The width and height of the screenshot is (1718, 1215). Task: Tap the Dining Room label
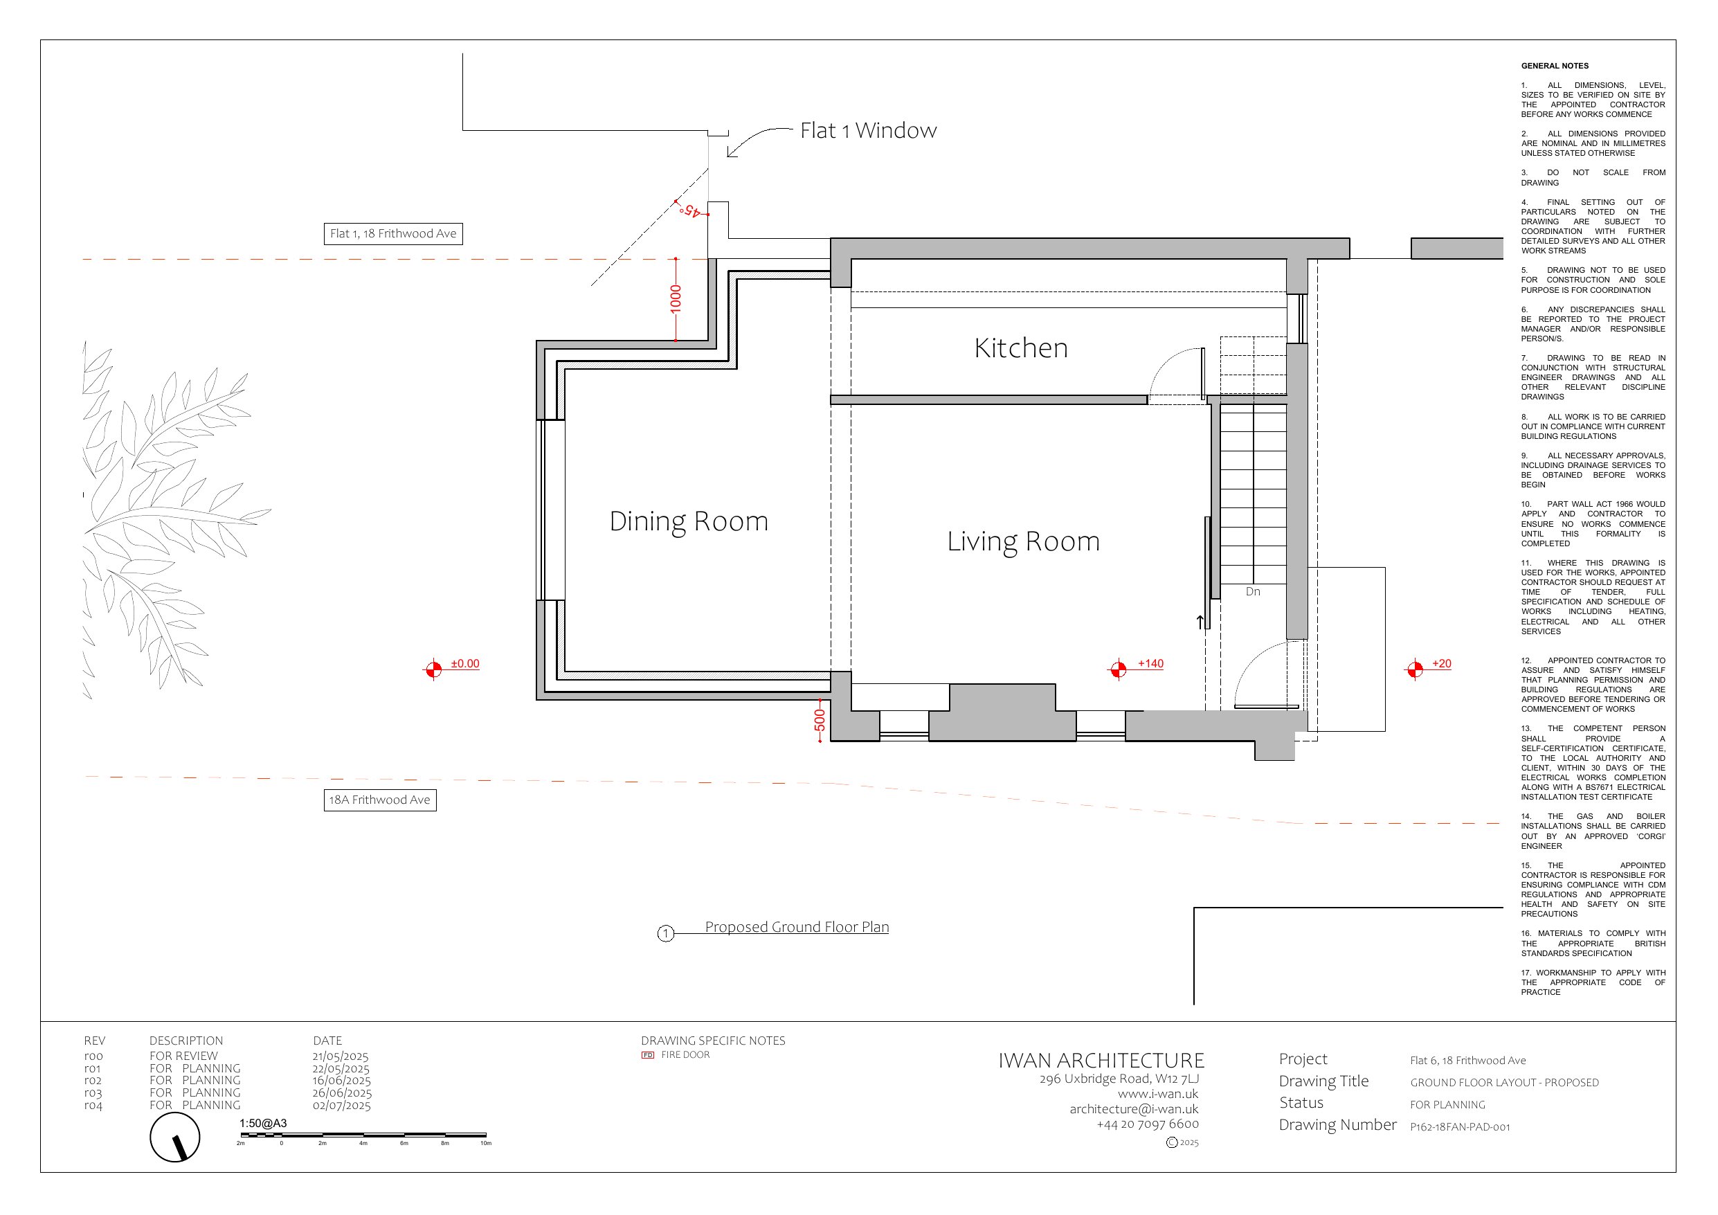[x=689, y=522]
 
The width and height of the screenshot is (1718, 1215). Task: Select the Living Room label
[x=1024, y=541]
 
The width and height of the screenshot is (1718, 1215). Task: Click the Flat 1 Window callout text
[x=868, y=130]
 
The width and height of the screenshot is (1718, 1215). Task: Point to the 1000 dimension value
[x=676, y=300]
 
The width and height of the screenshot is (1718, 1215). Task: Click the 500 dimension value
[x=820, y=720]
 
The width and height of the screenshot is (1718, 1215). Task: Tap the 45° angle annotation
[x=692, y=211]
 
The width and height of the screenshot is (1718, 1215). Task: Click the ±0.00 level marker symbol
[x=433, y=669]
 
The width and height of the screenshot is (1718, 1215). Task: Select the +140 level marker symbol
[x=1118, y=669]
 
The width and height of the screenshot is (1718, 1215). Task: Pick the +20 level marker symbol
[x=1414, y=669]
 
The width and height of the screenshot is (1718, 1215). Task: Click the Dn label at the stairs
[x=1253, y=591]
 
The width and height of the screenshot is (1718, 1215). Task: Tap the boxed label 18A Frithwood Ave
[x=380, y=800]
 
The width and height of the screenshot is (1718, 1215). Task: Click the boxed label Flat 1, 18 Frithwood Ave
[x=393, y=233]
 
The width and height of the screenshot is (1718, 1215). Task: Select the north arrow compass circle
[x=175, y=1137]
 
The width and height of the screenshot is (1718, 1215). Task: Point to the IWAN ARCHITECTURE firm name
[x=1101, y=1061]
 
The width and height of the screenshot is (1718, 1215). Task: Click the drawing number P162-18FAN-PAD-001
[x=1460, y=1126]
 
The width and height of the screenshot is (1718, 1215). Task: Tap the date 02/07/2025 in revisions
[x=341, y=1105]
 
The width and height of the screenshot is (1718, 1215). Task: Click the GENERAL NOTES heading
[x=1554, y=66]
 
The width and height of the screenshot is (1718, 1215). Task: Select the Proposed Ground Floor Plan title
[x=797, y=927]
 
